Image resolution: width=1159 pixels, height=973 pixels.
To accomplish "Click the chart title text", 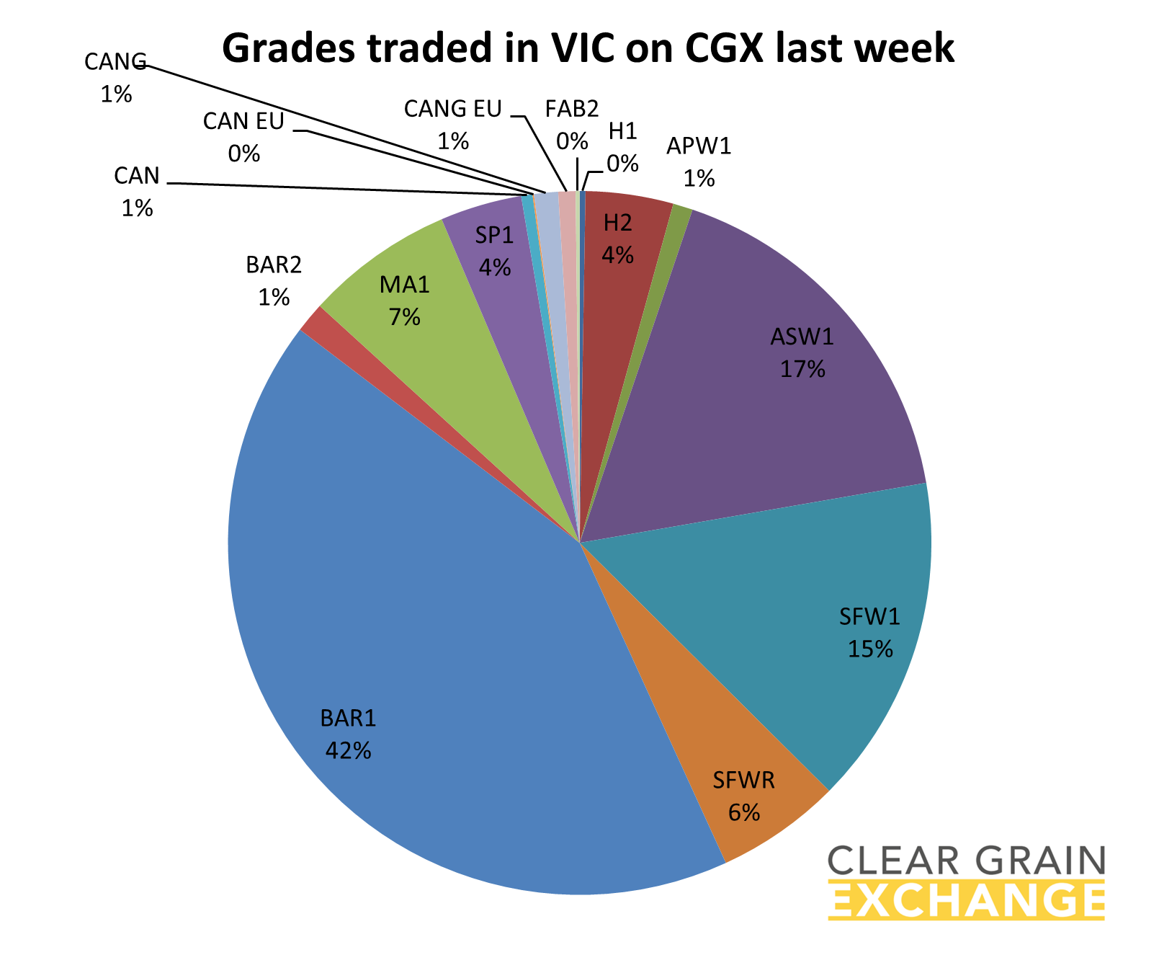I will point(588,48).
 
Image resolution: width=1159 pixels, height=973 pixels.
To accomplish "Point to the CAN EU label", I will point(243,136).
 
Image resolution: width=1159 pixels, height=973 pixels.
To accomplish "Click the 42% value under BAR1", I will point(348,751).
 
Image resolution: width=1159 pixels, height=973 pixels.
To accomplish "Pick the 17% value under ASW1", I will point(802,369).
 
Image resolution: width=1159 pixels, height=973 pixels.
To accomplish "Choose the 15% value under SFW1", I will point(869,649).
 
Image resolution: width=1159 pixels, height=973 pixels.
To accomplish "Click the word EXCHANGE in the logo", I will point(966,900).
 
